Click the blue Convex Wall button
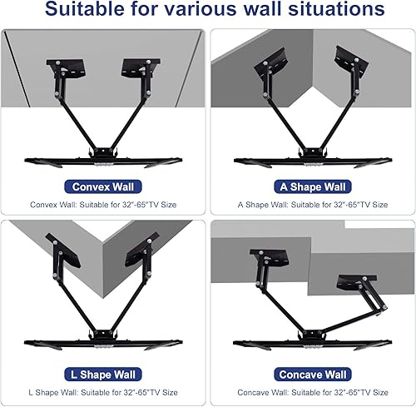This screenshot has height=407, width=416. pyautogui.click(x=102, y=187)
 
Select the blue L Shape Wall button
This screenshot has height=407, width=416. pyautogui.click(x=102, y=375)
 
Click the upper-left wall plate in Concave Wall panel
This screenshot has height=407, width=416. pyautogui.click(x=265, y=258)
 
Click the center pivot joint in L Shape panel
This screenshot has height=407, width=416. pyautogui.click(x=102, y=326)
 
